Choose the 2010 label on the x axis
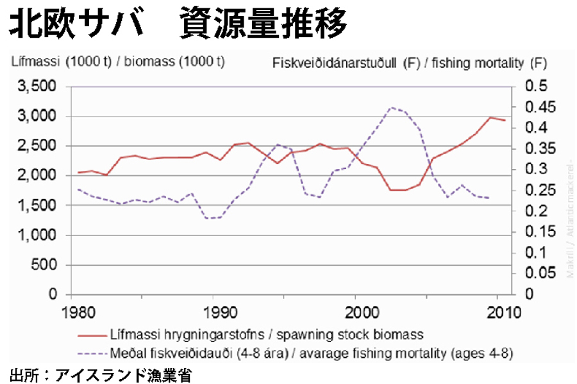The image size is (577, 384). [x=500, y=314]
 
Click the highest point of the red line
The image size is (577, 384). [x=490, y=117]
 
